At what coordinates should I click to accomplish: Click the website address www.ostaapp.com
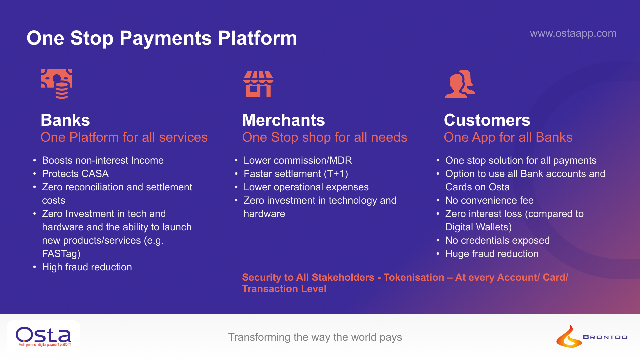pyautogui.click(x=573, y=33)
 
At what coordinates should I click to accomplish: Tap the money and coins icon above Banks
pyautogui.click(x=57, y=84)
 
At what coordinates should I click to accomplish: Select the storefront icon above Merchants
pyautogui.click(x=258, y=84)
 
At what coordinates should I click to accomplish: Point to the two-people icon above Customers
pyautogui.click(x=460, y=84)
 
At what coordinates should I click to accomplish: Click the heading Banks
pyautogui.click(x=65, y=120)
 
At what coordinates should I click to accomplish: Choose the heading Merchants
pyautogui.click(x=283, y=120)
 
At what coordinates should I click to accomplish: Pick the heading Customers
pyautogui.click(x=487, y=120)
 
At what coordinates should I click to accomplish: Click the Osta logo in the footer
pyautogui.click(x=43, y=336)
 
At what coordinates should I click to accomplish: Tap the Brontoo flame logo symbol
pyautogui.click(x=569, y=337)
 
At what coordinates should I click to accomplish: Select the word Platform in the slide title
pyautogui.click(x=257, y=38)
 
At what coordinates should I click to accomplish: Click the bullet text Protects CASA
pyautogui.click(x=75, y=174)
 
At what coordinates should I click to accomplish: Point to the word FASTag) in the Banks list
pyautogui.click(x=61, y=254)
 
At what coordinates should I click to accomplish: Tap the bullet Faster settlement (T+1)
pyautogui.click(x=296, y=174)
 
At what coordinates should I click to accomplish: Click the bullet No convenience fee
pyautogui.click(x=489, y=200)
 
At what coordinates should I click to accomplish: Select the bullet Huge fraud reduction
pyautogui.click(x=492, y=254)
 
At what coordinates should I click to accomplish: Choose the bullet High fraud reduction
pyautogui.click(x=87, y=267)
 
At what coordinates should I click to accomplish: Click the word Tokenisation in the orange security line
pyautogui.click(x=414, y=277)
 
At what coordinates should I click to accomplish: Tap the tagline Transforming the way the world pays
pyautogui.click(x=315, y=337)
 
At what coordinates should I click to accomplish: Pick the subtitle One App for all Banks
pyautogui.click(x=508, y=137)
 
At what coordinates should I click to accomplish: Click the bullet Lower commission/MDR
pyautogui.click(x=298, y=160)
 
